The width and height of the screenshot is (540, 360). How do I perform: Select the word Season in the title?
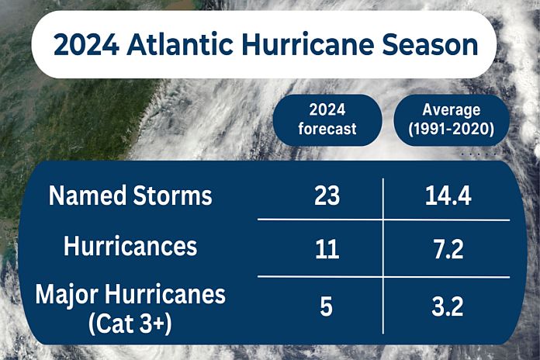click(x=431, y=44)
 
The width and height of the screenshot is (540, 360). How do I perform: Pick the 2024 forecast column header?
click(x=327, y=120)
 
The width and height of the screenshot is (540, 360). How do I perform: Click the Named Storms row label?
click(x=130, y=196)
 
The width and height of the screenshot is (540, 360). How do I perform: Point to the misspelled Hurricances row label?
click(x=130, y=247)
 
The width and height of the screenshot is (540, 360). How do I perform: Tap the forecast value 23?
click(x=327, y=196)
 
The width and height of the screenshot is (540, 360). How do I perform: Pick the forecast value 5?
click(x=327, y=306)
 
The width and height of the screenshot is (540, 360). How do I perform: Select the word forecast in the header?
click(x=327, y=129)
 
